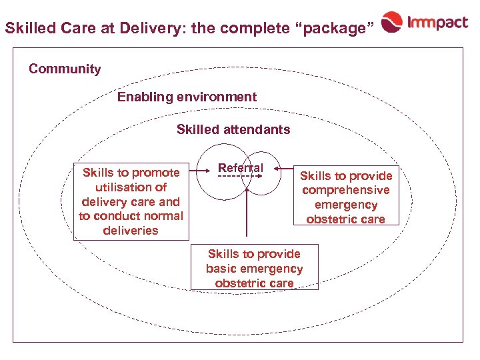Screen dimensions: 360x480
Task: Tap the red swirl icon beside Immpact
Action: coord(392,24)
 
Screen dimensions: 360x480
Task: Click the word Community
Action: coord(65,69)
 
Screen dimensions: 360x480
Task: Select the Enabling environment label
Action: coord(187,97)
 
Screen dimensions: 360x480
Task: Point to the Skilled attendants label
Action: coord(233,129)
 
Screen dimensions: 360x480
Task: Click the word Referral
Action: coord(241,168)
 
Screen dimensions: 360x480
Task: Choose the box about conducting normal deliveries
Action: coord(131,201)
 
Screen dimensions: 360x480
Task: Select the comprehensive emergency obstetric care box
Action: coord(346,197)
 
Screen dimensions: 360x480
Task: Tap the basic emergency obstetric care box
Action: coord(254,268)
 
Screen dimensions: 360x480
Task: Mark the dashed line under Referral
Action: coord(238,177)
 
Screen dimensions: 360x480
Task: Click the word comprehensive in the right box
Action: coord(346,190)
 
